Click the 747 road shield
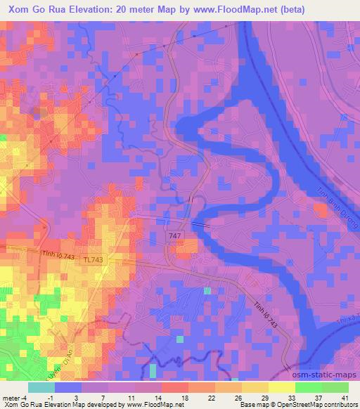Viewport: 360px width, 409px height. point(175,236)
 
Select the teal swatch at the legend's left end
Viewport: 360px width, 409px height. point(41,387)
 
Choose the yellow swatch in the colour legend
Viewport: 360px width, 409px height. point(282,387)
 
